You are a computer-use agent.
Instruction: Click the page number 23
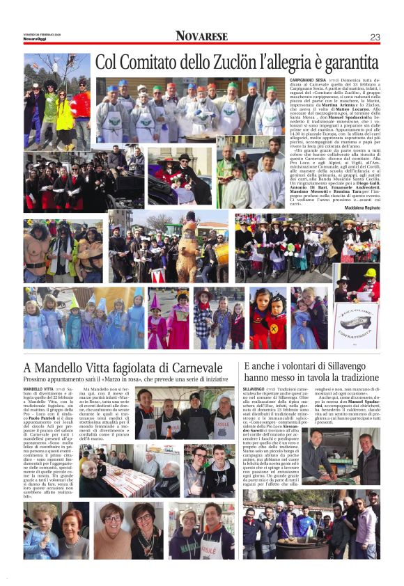point(375,36)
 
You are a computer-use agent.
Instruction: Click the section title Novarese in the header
point(201,36)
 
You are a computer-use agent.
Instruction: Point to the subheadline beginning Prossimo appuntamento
point(125,379)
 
